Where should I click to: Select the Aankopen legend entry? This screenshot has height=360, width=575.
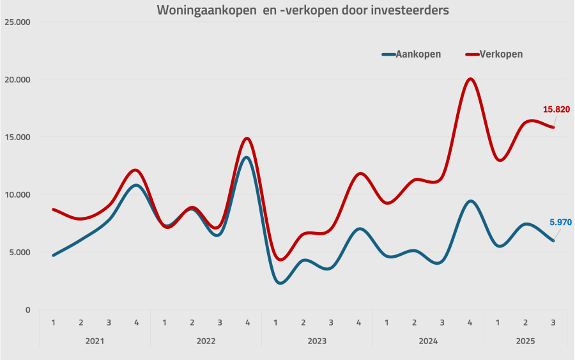point(411,54)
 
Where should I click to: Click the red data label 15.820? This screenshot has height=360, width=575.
point(556,109)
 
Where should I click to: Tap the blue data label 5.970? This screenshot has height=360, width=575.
point(560,223)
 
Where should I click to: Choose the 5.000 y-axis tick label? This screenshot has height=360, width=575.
point(20,252)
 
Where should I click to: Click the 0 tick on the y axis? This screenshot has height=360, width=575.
point(27,309)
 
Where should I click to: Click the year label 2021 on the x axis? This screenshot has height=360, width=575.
point(95,341)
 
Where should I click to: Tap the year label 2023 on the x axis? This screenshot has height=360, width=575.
point(317,341)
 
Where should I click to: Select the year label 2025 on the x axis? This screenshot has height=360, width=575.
point(525,341)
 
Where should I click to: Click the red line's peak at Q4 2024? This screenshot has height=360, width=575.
point(470,79)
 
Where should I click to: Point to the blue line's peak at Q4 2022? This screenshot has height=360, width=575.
point(247,157)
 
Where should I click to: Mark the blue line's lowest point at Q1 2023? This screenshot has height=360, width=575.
point(280,283)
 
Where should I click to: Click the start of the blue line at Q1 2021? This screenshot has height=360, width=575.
point(53,255)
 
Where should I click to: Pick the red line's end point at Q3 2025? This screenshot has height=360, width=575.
point(553,127)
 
